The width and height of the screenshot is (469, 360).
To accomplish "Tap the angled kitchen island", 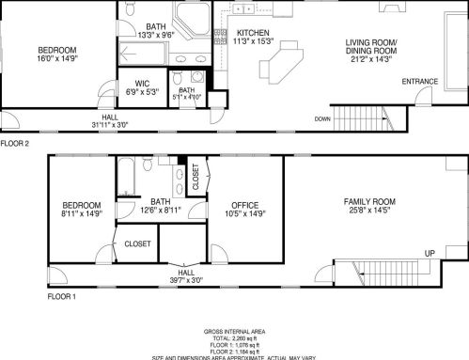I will [x=283, y=67].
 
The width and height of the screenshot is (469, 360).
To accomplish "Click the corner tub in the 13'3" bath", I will [x=198, y=23].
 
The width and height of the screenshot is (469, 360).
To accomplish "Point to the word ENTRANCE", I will [x=420, y=82].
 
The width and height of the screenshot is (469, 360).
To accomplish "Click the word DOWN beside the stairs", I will [x=322, y=119].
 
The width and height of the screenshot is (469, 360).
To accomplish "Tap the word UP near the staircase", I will [x=429, y=254].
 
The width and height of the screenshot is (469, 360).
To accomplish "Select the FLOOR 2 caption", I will [x=15, y=144].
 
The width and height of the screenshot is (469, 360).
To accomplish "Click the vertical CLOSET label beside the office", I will [x=195, y=177].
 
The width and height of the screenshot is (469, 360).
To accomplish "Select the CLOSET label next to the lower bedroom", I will [x=137, y=243].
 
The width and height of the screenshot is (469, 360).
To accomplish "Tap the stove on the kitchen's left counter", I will [x=220, y=37].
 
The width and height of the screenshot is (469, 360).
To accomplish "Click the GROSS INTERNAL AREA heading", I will [x=234, y=331].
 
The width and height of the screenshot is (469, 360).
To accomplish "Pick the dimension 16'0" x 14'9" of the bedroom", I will [x=57, y=58].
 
